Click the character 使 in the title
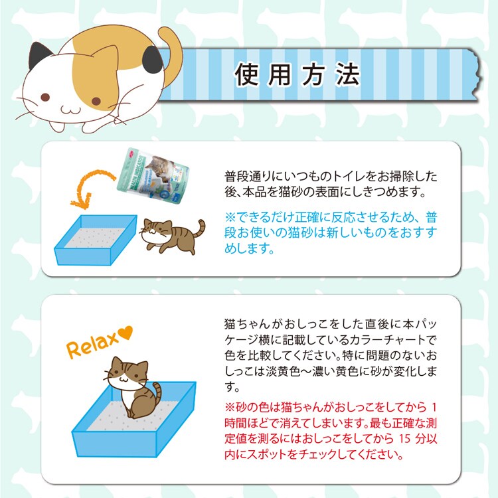click(246, 74)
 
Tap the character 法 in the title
click(347, 74)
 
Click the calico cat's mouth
click(71, 110)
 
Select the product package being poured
click(153, 175)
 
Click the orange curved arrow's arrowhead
click(80, 201)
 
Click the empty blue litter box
click(95, 240)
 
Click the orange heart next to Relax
click(125, 333)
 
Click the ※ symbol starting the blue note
click(230, 217)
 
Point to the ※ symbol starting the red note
click(229, 408)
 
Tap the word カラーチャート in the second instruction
click(384, 340)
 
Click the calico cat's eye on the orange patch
click(96, 102)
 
